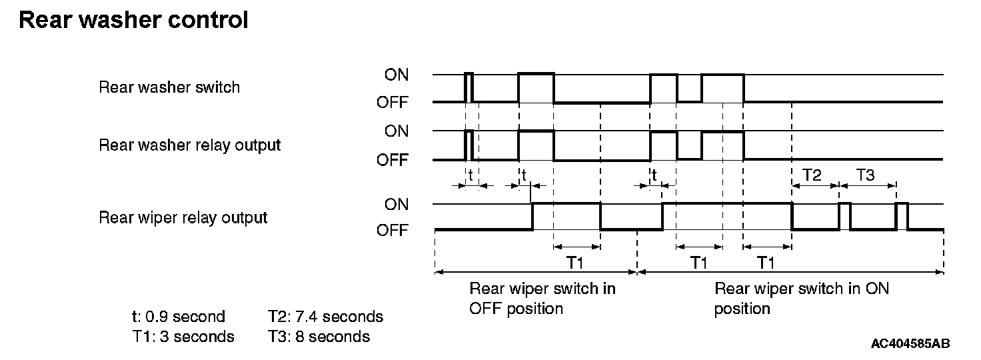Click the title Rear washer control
(133, 21)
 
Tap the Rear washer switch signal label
(169, 87)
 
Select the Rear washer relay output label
(190, 145)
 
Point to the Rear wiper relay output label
(183, 217)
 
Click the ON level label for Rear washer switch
(397, 75)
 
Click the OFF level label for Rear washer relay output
(393, 160)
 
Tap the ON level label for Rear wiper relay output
(397, 205)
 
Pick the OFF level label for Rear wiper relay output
(393, 231)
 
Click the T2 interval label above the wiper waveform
(812, 175)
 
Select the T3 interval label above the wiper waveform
(865, 175)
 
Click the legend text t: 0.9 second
(179, 317)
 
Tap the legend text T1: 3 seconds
(183, 337)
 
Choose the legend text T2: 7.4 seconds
(325, 317)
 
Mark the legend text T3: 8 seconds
(319, 337)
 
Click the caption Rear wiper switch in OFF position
(542, 299)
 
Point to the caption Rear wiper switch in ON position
(801, 299)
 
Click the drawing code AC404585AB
(910, 344)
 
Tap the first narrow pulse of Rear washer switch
(469, 87)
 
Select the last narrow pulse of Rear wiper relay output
(902, 216)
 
